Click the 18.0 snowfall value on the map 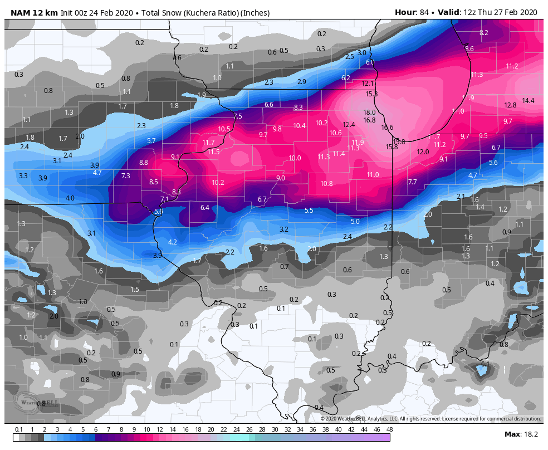coord(370,112)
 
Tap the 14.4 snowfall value coord(528,101)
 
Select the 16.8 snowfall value coord(369,120)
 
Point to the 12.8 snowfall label coord(510,105)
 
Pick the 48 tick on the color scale coord(389,429)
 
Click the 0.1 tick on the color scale coord(19,429)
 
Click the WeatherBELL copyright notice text coord(430,419)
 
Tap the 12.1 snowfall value coord(368,84)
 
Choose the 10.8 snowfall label coord(326,183)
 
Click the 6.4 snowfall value coord(204,208)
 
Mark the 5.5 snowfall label coord(309,210)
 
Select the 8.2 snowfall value coord(483,33)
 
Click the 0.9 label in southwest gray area coord(116,374)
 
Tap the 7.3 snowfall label coord(125,175)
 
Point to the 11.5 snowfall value coord(213,151)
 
